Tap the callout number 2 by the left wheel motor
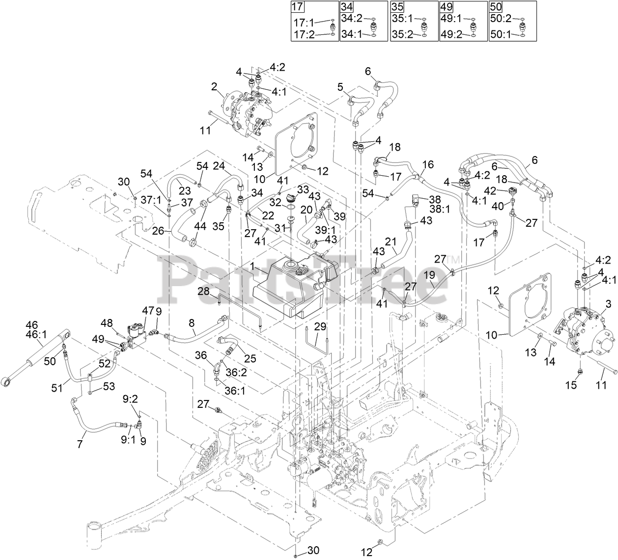pyautogui.click(x=214, y=87)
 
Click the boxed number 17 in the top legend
pyautogui.click(x=297, y=7)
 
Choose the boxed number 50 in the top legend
pyautogui.click(x=496, y=7)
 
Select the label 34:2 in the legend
pyautogui.click(x=352, y=19)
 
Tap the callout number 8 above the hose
pyautogui.click(x=192, y=323)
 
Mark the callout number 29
pyautogui.click(x=320, y=326)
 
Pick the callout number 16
pyautogui.click(x=428, y=164)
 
